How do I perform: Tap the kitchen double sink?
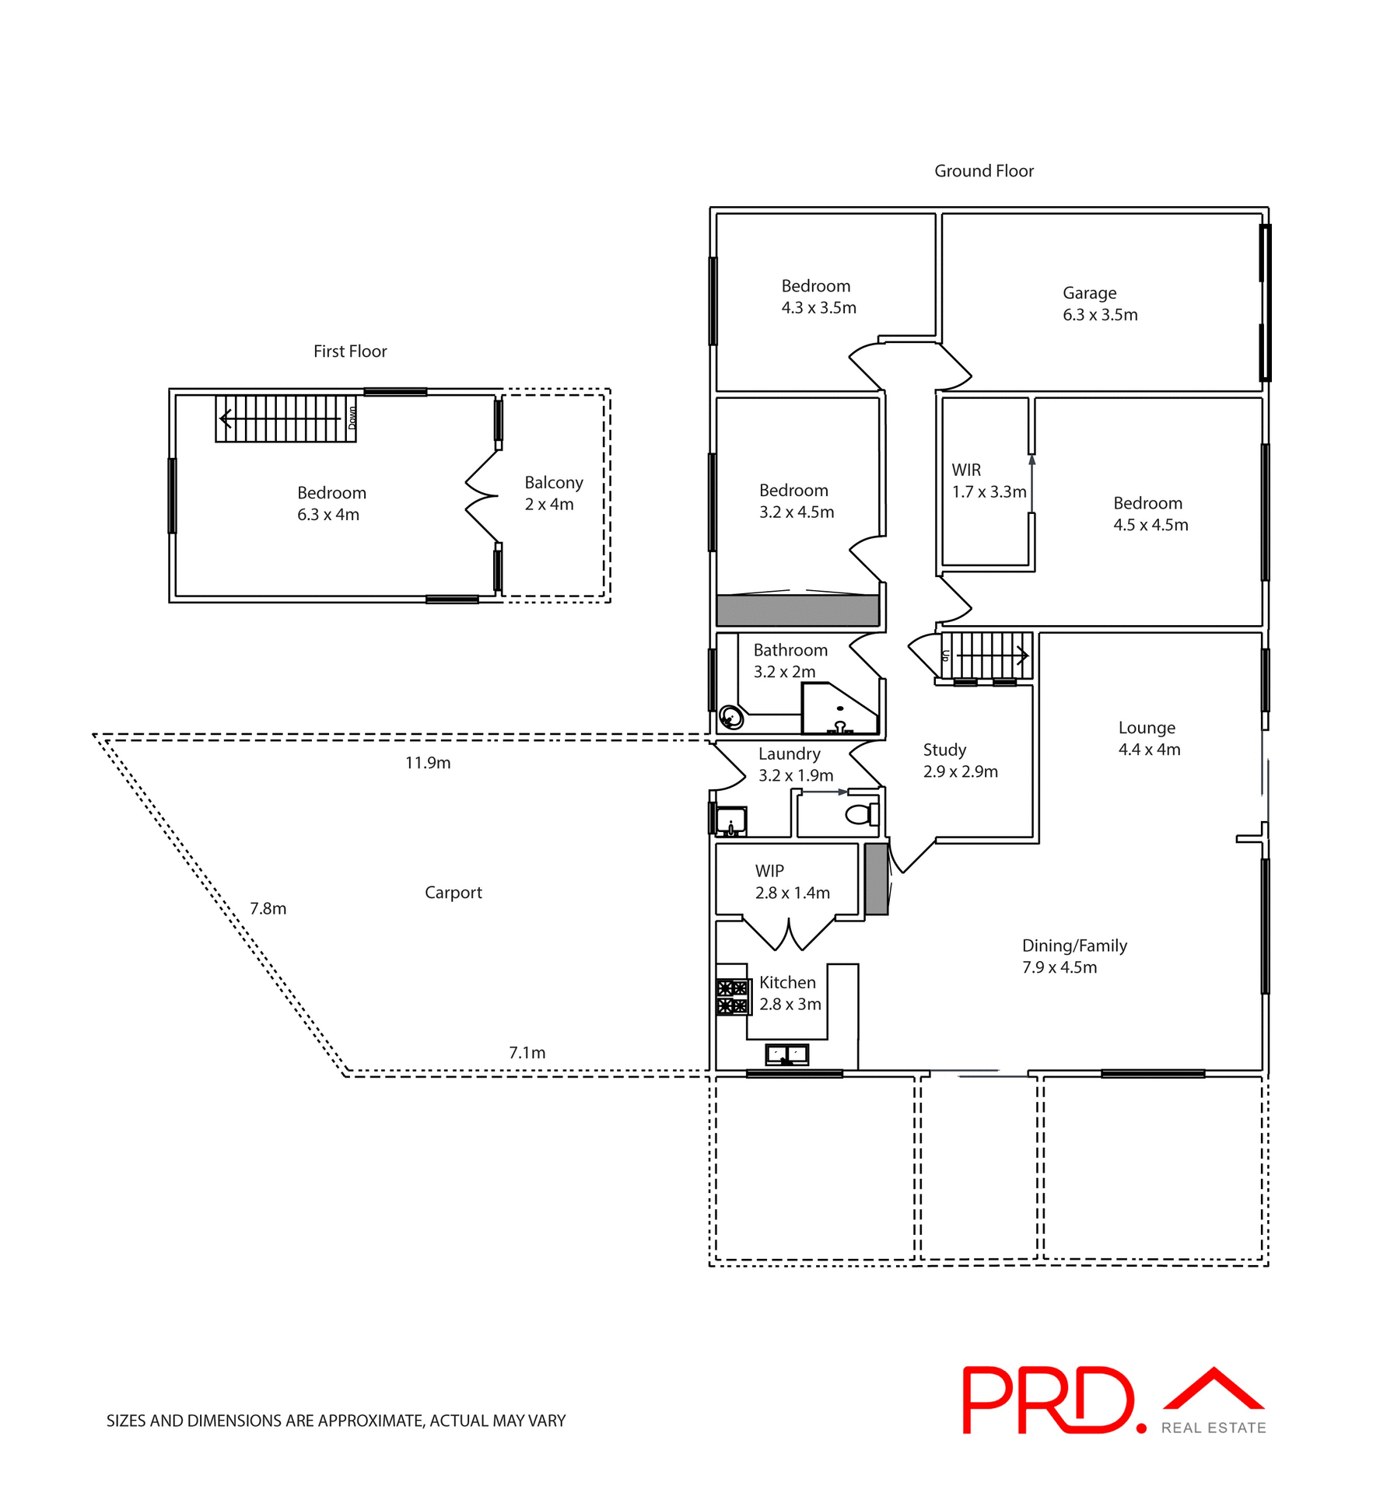tap(787, 1054)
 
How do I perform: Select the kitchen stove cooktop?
tap(732, 997)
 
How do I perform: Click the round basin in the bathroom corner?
tap(730, 716)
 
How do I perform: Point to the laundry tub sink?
tap(730, 820)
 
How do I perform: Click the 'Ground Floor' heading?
tap(983, 171)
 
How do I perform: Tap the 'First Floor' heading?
tap(350, 351)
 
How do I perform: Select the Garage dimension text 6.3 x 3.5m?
tap(1100, 315)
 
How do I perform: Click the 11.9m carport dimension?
tap(428, 763)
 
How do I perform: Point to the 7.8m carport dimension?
tap(268, 908)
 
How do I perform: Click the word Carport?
tap(453, 893)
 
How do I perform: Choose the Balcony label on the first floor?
tap(553, 483)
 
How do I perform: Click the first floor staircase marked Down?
tap(285, 419)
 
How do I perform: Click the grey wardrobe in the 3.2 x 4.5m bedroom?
tap(797, 610)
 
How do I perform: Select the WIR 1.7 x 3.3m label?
tap(989, 481)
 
